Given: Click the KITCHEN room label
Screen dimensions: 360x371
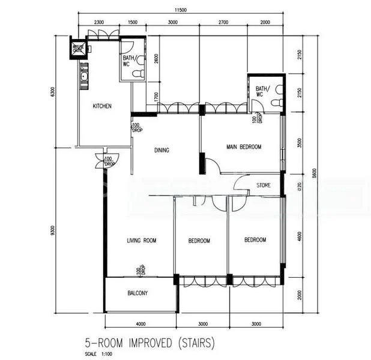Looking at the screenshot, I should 101,106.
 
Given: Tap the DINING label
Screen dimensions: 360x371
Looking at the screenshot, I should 161,151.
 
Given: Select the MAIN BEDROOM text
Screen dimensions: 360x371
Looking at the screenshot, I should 243,146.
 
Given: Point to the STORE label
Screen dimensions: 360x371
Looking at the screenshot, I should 264,185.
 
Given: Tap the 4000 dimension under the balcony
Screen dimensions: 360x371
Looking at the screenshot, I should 140,325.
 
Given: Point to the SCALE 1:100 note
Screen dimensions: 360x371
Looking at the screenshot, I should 96,354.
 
